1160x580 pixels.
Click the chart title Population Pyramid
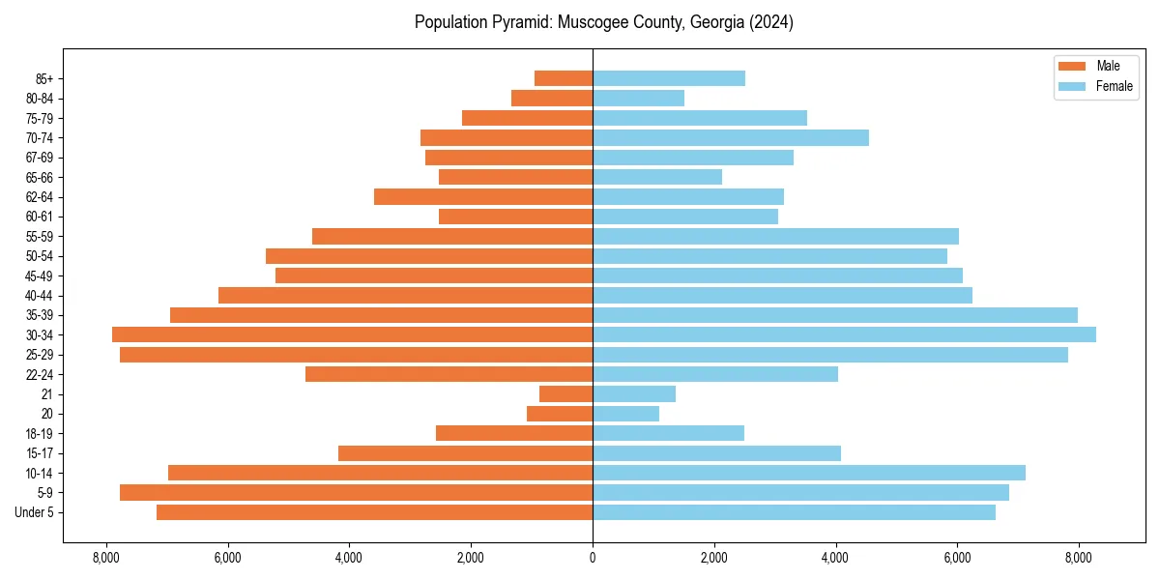click(603, 22)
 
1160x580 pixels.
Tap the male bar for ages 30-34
click(352, 334)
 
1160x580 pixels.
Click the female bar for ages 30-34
click(844, 334)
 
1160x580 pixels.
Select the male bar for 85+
click(564, 78)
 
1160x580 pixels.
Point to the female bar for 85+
click(669, 78)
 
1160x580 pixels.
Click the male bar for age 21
click(566, 393)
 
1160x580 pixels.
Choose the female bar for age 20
click(626, 414)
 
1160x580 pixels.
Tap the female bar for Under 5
click(794, 512)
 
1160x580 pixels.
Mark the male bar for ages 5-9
click(356, 492)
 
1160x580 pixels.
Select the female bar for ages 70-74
click(731, 137)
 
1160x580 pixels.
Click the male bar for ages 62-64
click(483, 196)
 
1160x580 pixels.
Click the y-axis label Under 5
click(34, 512)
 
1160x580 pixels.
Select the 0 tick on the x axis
click(593, 558)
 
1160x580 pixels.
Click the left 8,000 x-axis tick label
click(105, 558)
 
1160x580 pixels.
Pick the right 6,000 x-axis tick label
click(957, 558)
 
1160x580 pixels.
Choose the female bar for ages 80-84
click(639, 98)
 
